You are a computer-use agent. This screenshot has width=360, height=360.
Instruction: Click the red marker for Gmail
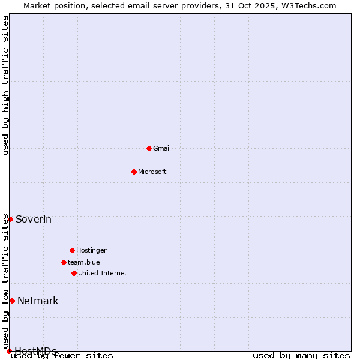[149, 148]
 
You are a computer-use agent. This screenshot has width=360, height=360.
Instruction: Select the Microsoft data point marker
[134, 172]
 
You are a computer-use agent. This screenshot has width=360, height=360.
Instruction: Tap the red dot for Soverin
[10, 219]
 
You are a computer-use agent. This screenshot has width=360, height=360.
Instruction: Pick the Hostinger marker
[72, 250]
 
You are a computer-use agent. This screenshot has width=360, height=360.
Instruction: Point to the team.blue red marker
[64, 262]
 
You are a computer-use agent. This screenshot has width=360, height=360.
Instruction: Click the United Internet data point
[74, 273]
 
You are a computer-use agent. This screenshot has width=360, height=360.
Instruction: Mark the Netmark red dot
[12, 301]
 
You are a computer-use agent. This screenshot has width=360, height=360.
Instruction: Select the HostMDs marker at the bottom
[9, 351]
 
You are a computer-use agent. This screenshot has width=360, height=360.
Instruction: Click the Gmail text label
[162, 148]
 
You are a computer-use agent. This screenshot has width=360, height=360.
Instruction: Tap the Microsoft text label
[152, 172]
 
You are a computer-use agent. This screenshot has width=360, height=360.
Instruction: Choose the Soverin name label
[34, 219]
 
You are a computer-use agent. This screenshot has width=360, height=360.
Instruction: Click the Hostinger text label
[91, 250]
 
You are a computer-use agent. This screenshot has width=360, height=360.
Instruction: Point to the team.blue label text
[84, 262]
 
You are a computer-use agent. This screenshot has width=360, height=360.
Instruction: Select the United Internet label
[103, 273]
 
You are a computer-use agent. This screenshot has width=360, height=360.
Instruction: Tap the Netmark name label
[38, 301]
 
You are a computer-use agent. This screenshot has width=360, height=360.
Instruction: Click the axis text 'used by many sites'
[301, 355]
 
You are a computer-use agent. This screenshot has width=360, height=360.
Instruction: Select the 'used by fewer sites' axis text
[62, 356]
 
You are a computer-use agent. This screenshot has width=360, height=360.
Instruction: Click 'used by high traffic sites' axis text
[5, 85]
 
